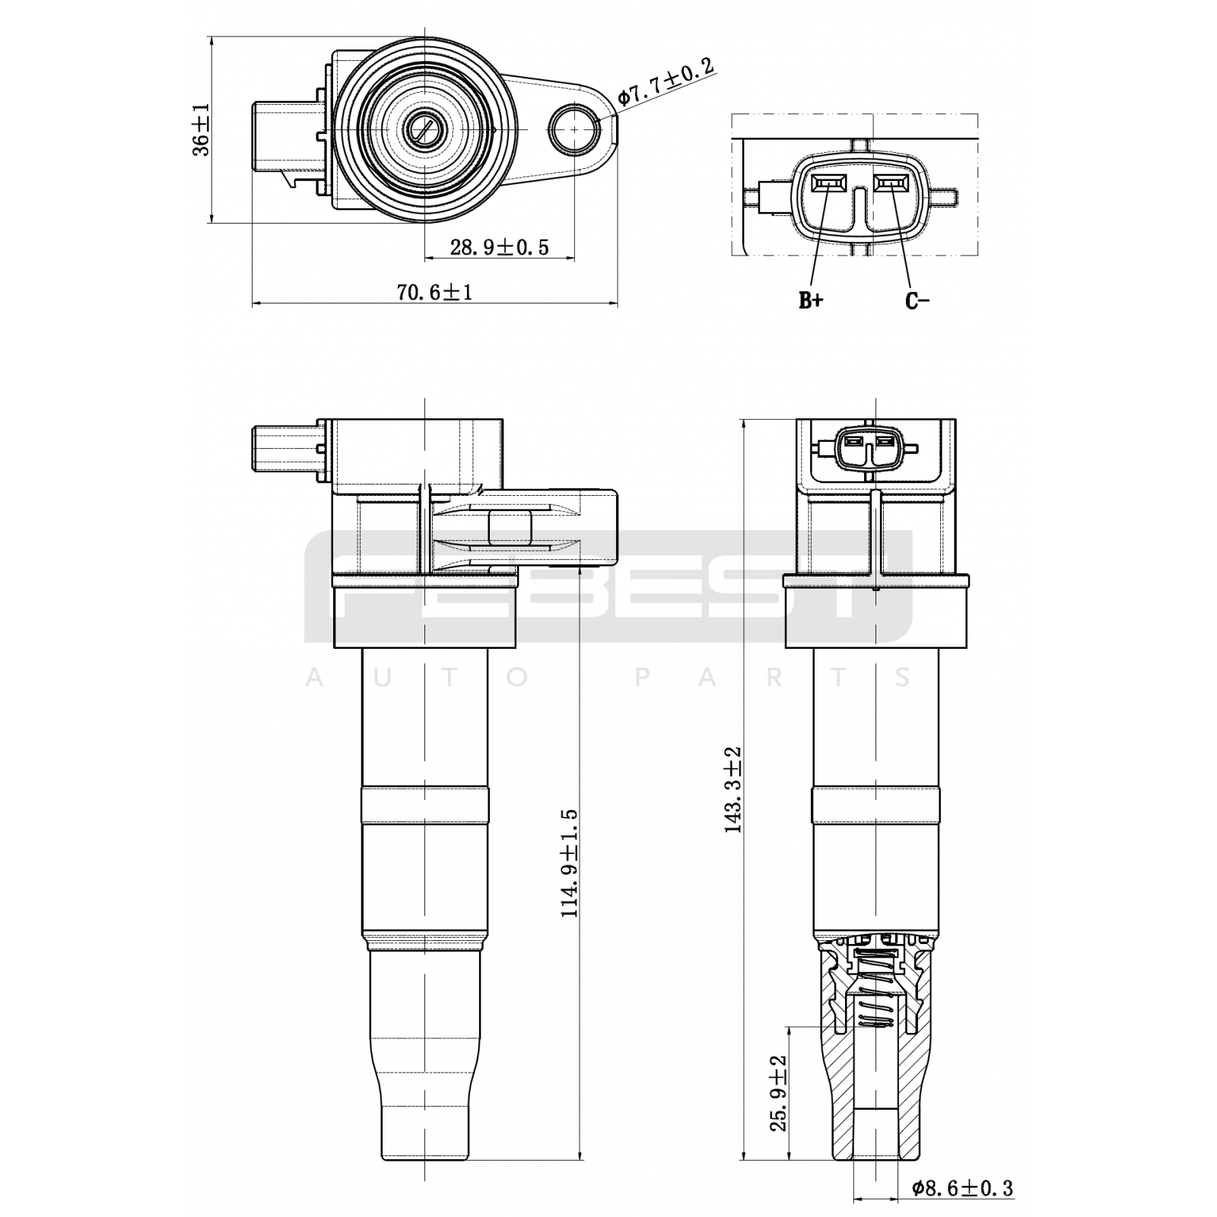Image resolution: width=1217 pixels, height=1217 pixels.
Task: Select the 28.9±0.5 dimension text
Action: (x=499, y=247)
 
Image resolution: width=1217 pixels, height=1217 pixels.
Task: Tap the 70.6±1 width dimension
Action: (x=434, y=292)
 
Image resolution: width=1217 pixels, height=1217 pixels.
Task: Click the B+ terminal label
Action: (x=811, y=301)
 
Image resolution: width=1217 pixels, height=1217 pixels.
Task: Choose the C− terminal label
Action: (x=917, y=301)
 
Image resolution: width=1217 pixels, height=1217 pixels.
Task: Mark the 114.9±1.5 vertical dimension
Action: (x=570, y=863)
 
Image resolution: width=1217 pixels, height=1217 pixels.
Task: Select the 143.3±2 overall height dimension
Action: (x=733, y=790)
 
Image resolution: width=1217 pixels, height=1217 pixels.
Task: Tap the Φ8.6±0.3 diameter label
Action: (x=962, y=1187)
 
